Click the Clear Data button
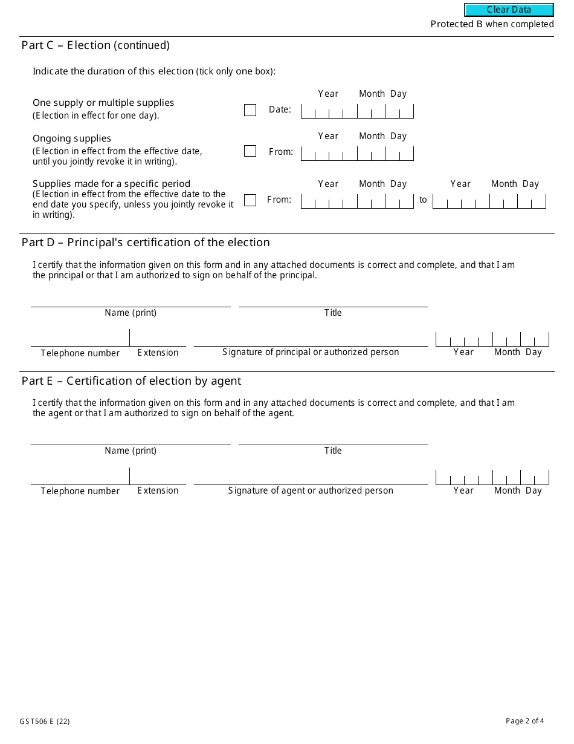point(509,10)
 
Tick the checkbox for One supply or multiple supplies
point(250,110)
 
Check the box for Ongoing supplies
point(250,151)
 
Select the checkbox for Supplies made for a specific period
point(250,200)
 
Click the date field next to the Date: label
point(357,111)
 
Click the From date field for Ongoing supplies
point(357,153)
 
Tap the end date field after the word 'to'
point(489,201)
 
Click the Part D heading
point(146,243)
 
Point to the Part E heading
point(131,381)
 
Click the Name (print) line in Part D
point(131,301)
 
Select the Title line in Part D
point(333,301)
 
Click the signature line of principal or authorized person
point(311,339)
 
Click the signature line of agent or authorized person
point(311,477)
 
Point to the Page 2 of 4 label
point(524,720)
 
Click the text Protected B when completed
point(492,24)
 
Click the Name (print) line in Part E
point(131,439)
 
